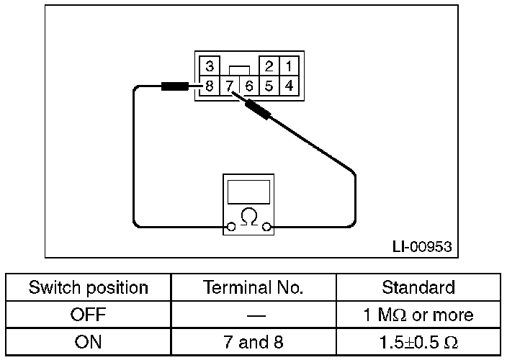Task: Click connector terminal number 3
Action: [210, 67]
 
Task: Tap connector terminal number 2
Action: [269, 67]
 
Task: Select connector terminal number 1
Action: [288, 67]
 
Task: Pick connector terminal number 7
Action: [230, 86]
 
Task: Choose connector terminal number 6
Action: [249, 86]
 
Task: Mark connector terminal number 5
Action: [269, 86]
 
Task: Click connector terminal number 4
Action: [288, 86]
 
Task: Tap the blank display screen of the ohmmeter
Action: [248, 192]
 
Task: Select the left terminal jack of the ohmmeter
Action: [230, 228]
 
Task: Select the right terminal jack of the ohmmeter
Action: [267, 228]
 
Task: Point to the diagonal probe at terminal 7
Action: [257, 110]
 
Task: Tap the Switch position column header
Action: [89, 288]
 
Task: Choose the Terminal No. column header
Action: [253, 288]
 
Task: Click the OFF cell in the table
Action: [89, 315]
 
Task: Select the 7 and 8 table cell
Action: [253, 341]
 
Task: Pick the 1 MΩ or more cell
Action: [418, 315]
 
